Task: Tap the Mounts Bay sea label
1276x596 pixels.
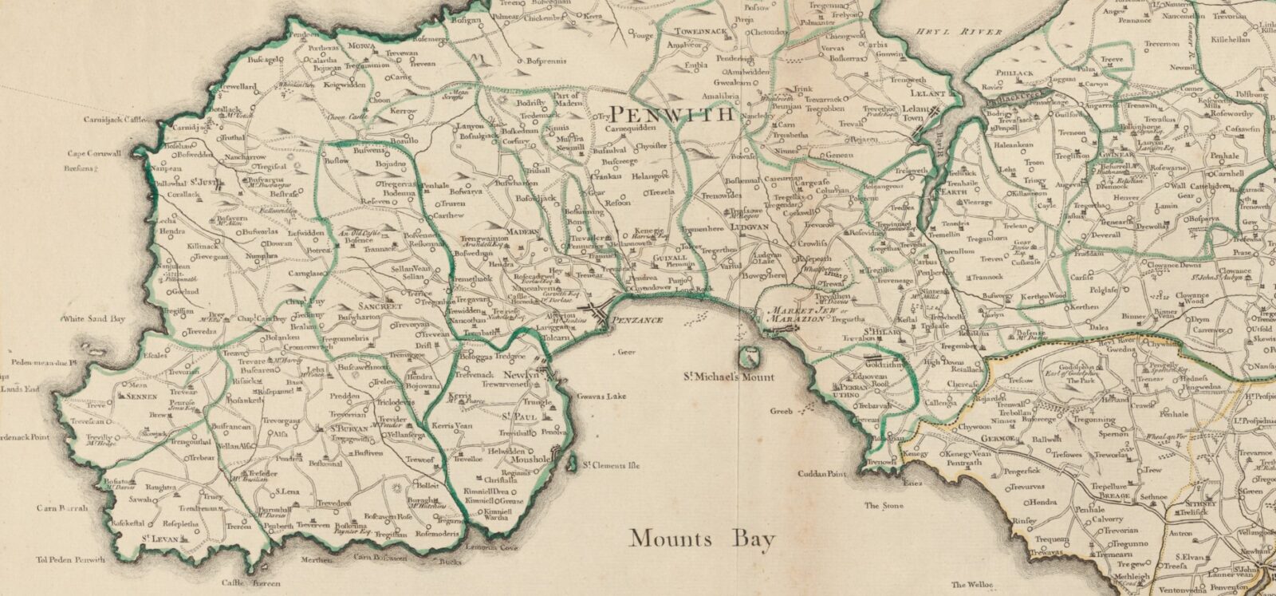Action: pos(701,539)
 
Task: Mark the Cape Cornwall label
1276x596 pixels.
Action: pos(93,155)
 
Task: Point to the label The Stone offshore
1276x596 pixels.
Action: pos(882,505)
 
